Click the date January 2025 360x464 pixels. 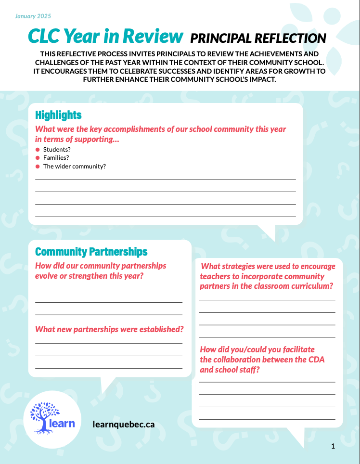point(33,16)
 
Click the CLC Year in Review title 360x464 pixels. point(105,36)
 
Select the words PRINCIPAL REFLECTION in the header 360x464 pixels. point(258,38)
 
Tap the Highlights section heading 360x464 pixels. point(58,115)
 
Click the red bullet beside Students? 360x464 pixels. point(37,150)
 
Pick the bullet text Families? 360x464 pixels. point(56,158)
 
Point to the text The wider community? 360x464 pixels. point(74,167)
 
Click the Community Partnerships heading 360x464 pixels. point(91,252)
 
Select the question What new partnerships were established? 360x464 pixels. point(109,329)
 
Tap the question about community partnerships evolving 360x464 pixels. point(101,271)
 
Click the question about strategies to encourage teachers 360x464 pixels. point(267,276)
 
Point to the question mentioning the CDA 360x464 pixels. point(262,360)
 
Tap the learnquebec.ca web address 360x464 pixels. point(124,424)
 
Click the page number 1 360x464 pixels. point(333,446)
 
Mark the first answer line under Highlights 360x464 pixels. point(166,179)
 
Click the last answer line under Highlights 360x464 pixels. point(166,217)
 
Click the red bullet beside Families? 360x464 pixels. point(37,158)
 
